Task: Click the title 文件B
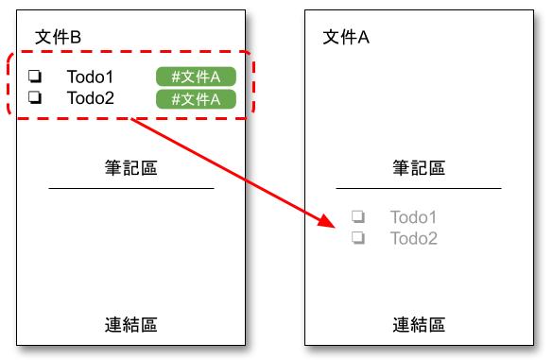tap(58, 36)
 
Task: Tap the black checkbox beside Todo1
tap(35, 77)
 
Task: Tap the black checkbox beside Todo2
tap(35, 96)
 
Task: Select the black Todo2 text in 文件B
tap(90, 97)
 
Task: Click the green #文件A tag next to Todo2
tap(196, 98)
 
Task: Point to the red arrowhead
tap(326, 222)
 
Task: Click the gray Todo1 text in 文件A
tap(413, 218)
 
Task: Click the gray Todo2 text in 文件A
tap(413, 238)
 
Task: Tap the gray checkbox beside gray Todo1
tap(358, 217)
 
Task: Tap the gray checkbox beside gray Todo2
tap(358, 237)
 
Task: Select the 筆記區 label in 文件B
tap(130, 168)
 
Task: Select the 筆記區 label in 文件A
tap(419, 168)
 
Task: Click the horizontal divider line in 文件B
tap(130, 189)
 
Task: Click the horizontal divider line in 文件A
tap(419, 189)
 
